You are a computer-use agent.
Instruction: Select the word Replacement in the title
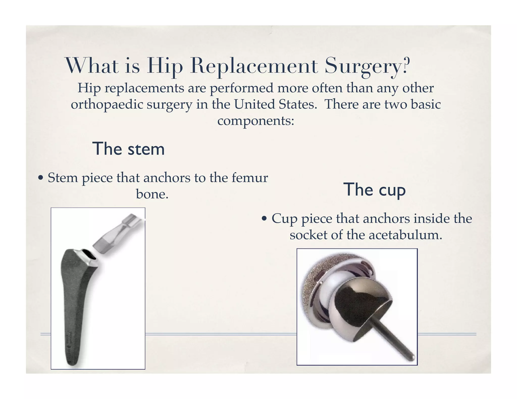[x=254, y=66]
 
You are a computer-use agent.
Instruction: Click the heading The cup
[x=374, y=189]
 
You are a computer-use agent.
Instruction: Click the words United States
[x=275, y=104]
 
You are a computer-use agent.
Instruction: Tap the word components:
[x=256, y=121]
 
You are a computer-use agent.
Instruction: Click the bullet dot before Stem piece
[x=40, y=178]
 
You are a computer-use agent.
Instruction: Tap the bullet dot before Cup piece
[x=264, y=219]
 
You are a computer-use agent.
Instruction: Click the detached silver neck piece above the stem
[x=119, y=235]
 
